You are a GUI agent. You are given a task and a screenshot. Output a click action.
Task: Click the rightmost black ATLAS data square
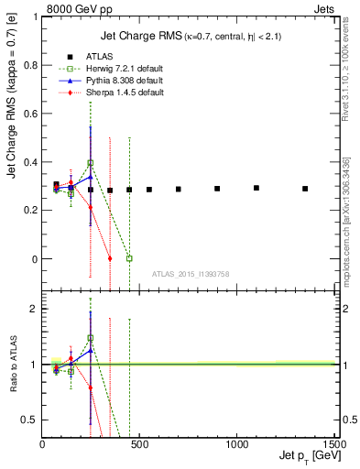click(305, 189)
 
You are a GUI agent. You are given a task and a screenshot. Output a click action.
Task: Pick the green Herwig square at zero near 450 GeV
click(129, 258)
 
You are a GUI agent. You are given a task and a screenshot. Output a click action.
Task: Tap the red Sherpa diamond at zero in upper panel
click(110, 258)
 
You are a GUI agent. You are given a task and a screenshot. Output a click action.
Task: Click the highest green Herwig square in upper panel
click(90, 163)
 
